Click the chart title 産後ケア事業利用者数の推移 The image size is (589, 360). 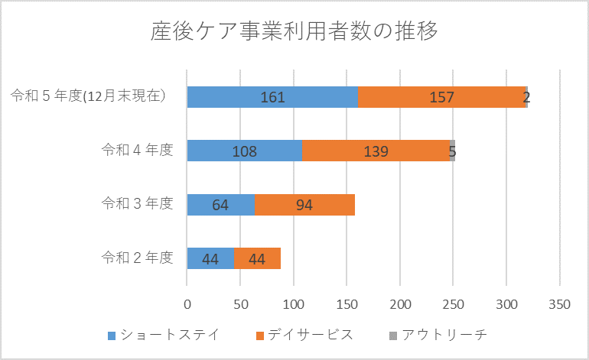(x=294, y=33)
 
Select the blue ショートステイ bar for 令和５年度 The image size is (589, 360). (x=272, y=97)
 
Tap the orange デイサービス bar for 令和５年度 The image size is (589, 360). (x=442, y=97)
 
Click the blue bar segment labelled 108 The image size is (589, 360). (x=245, y=151)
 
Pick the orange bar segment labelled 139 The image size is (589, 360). (x=376, y=151)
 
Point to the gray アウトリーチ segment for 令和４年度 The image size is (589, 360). (x=453, y=151)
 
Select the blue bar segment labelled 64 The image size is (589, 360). (x=221, y=205)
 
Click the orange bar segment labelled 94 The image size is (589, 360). (x=304, y=205)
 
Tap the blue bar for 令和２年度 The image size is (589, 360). (x=210, y=258)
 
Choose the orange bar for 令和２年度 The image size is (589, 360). (x=257, y=258)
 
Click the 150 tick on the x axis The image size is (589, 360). (x=347, y=305)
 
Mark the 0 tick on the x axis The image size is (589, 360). (x=187, y=305)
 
